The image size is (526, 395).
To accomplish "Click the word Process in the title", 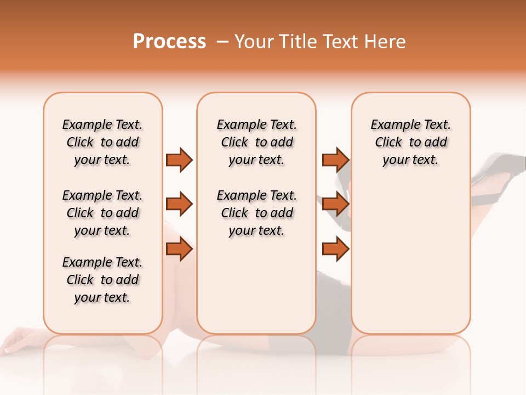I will pos(169,42).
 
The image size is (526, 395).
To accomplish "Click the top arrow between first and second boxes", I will pos(179,160).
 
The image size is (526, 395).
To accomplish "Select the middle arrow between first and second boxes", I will pos(179,205).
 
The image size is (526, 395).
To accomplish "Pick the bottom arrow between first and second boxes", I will pos(179,249).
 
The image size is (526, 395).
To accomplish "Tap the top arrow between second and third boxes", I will pos(335,160).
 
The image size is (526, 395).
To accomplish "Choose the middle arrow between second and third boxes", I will pos(335,205).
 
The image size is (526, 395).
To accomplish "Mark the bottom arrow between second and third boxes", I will pos(335,249).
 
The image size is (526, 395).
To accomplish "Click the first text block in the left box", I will pos(102,142).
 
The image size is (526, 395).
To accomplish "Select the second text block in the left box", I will pos(102,213).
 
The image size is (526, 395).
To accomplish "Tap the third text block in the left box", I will pos(102,280).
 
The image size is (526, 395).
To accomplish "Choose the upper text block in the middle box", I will pos(256,142).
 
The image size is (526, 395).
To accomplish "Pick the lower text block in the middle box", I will pos(256,213).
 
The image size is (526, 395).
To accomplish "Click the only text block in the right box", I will pos(410,142).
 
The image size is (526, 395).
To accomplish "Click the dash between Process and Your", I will pos(222,42).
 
